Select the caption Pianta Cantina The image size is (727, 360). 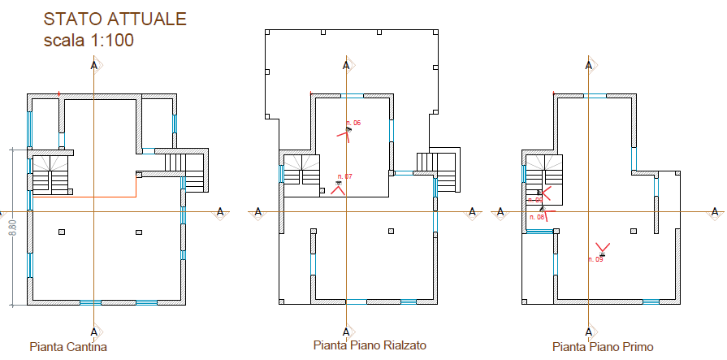pos(68,347)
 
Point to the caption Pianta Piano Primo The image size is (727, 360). pos(602,347)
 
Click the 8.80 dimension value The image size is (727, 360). pos(12,228)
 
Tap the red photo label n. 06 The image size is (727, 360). pos(353,123)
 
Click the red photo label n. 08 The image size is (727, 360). pos(536,217)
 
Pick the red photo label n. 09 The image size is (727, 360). pos(595,259)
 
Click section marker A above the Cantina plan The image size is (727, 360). pos(94,65)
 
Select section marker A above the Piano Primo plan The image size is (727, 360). pos(588,65)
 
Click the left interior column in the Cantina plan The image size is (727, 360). pos(63,232)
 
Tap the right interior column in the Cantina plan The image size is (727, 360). pos(138,232)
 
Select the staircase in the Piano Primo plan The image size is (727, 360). pos(543,173)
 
